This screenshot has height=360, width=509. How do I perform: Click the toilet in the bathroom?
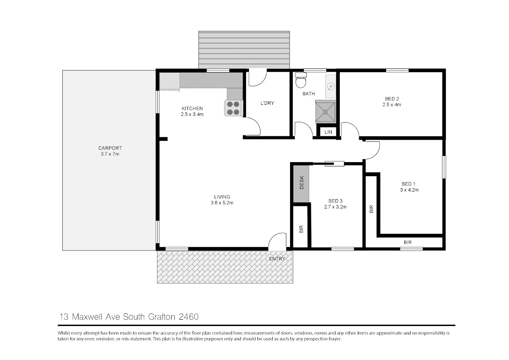301,80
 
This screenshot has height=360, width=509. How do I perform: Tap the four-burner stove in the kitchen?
234,108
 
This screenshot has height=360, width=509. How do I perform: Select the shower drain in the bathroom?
325,112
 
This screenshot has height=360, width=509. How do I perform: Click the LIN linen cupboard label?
328,132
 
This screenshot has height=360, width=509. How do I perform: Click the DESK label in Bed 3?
302,183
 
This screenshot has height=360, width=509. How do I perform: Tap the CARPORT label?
110,148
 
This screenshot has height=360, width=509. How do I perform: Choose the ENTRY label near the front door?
277,259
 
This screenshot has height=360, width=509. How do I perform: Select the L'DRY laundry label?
267,103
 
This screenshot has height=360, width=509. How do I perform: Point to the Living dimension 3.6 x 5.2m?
222,202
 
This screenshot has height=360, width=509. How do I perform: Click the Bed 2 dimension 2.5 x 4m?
392,104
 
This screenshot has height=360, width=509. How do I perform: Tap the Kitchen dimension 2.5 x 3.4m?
192,114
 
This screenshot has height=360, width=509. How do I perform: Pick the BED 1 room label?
408,184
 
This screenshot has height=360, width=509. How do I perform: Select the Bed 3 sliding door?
334,163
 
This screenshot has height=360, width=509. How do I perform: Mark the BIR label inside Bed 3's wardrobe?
301,229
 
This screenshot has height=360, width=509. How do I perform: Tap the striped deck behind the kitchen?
244,50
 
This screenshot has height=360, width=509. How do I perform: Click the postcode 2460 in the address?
189,317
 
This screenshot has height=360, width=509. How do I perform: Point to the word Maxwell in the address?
87,317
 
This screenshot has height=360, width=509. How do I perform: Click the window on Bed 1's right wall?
444,167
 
